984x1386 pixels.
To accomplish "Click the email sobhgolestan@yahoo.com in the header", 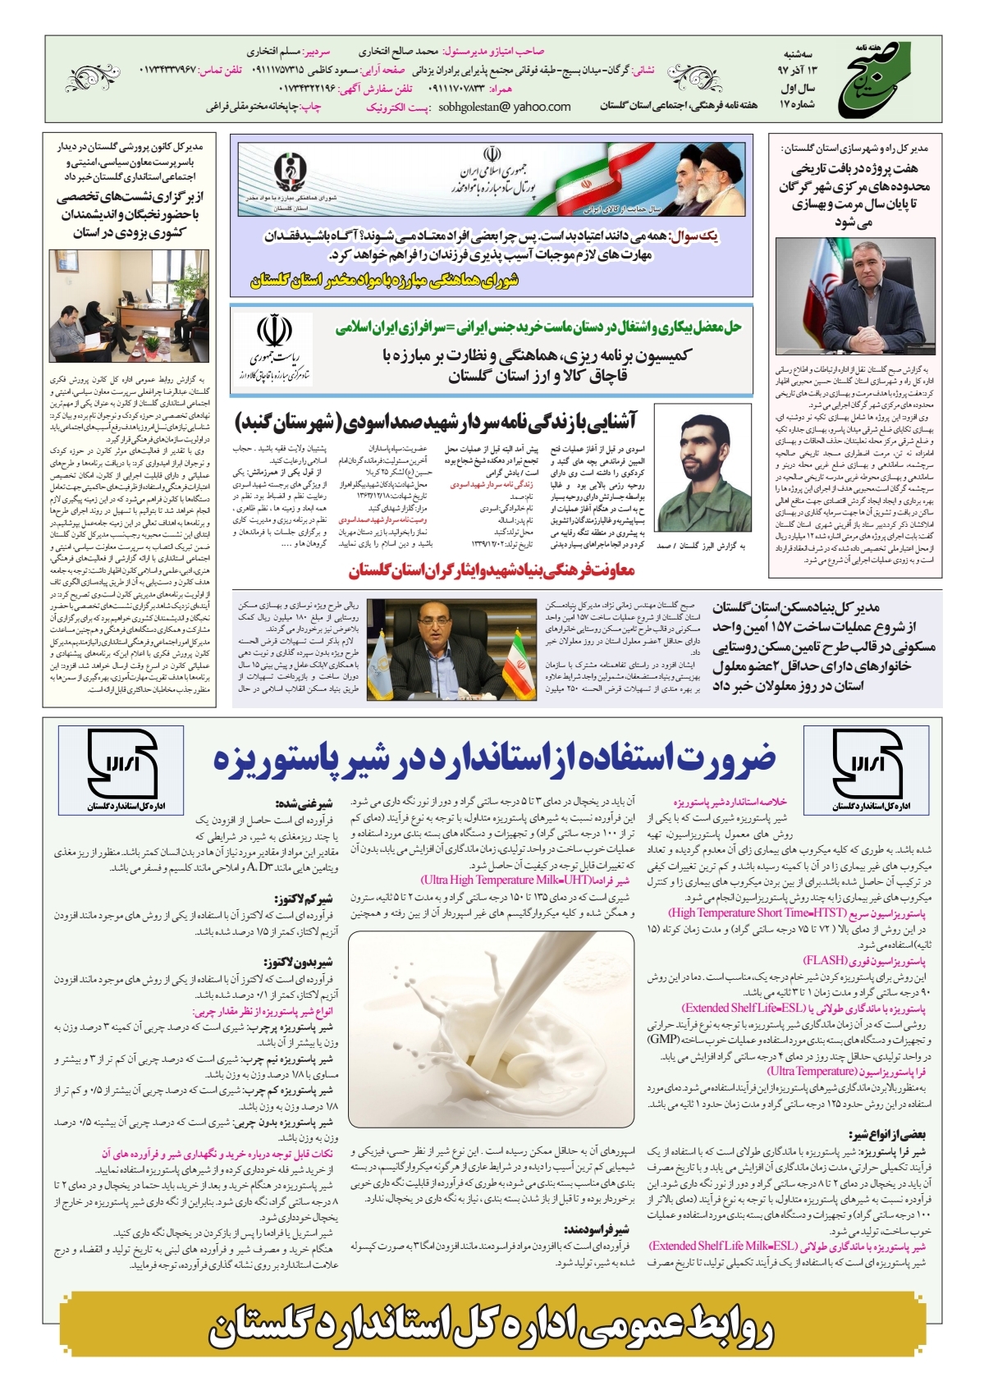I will (x=504, y=107).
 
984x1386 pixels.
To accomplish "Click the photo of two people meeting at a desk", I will (x=129, y=306).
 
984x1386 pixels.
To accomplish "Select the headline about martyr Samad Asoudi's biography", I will (x=436, y=421).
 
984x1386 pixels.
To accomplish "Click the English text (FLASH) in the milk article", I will (x=825, y=960).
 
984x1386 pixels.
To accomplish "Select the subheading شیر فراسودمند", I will (x=598, y=1229).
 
